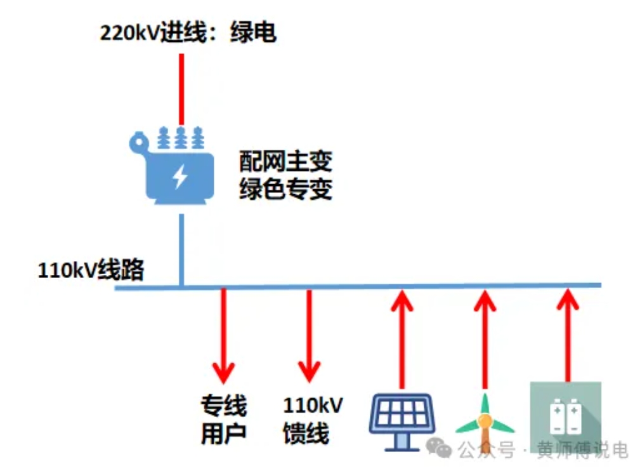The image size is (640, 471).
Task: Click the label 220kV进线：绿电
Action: click(188, 32)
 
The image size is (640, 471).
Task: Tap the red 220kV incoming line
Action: click(181, 89)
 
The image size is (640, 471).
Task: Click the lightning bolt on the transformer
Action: click(180, 177)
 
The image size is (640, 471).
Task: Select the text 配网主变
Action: click(285, 161)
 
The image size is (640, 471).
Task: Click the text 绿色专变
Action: click(285, 189)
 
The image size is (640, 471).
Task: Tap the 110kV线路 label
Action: click(91, 270)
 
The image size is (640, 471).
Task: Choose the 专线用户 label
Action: click(223, 420)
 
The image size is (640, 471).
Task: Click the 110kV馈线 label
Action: click(312, 420)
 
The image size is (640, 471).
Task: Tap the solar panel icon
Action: click(402, 418)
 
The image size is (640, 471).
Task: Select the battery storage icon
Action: click(565, 416)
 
